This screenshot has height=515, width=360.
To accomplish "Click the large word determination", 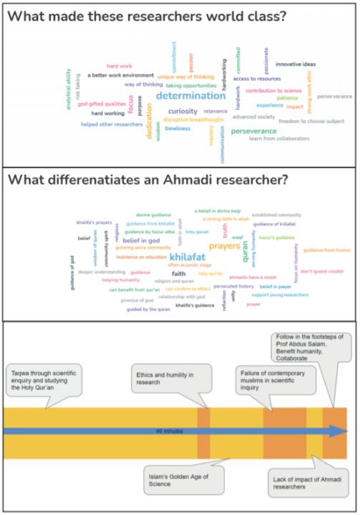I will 190,96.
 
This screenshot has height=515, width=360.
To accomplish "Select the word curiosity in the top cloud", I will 183,111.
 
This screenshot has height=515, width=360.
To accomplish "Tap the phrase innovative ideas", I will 295,64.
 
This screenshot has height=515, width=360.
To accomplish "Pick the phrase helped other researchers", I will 112,124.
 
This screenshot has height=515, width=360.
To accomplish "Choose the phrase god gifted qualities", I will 102,104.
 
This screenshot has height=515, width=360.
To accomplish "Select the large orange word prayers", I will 224,246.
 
